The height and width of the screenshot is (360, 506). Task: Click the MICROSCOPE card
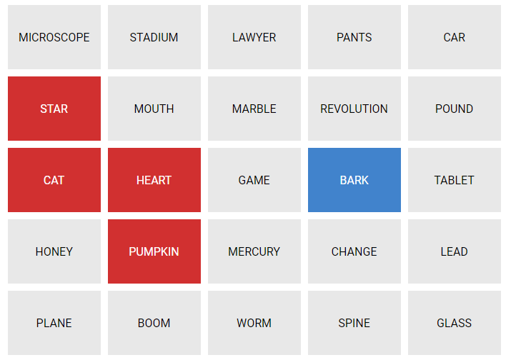pyautogui.click(x=54, y=37)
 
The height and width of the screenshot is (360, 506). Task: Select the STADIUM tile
pyautogui.click(x=154, y=37)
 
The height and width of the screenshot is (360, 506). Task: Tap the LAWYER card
pyautogui.click(x=254, y=37)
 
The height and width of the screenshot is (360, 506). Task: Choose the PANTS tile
pyautogui.click(x=354, y=37)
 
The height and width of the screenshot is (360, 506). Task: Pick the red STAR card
pyautogui.click(x=54, y=109)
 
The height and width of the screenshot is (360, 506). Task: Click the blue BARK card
pyautogui.click(x=354, y=180)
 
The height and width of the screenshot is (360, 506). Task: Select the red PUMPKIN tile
pyautogui.click(x=154, y=251)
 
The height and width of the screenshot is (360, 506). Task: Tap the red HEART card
pyautogui.click(x=154, y=180)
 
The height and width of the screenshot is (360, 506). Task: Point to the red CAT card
pyautogui.click(x=54, y=180)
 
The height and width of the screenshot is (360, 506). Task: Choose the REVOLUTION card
pyautogui.click(x=354, y=109)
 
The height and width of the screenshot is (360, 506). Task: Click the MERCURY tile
pyautogui.click(x=254, y=251)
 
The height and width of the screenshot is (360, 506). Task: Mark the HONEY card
pyautogui.click(x=54, y=251)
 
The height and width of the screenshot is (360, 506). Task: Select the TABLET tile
pyautogui.click(x=455, y=180)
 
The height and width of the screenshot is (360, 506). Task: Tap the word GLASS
pyautogui.click(x=454, y=323)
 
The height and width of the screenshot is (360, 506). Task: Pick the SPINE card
pyautogui.click(x=354, y=323)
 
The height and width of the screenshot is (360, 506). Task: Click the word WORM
pyautogui.click(x=254, y=323)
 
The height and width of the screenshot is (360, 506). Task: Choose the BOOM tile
pyautogui.click(x=154, y=323)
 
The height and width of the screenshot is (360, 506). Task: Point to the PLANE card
pyautogui.click(x=54, y=323)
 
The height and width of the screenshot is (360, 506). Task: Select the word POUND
pyautogui.click(x=454, y=109)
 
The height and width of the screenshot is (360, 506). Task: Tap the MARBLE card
pyautogui.click(x=254, y=109)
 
